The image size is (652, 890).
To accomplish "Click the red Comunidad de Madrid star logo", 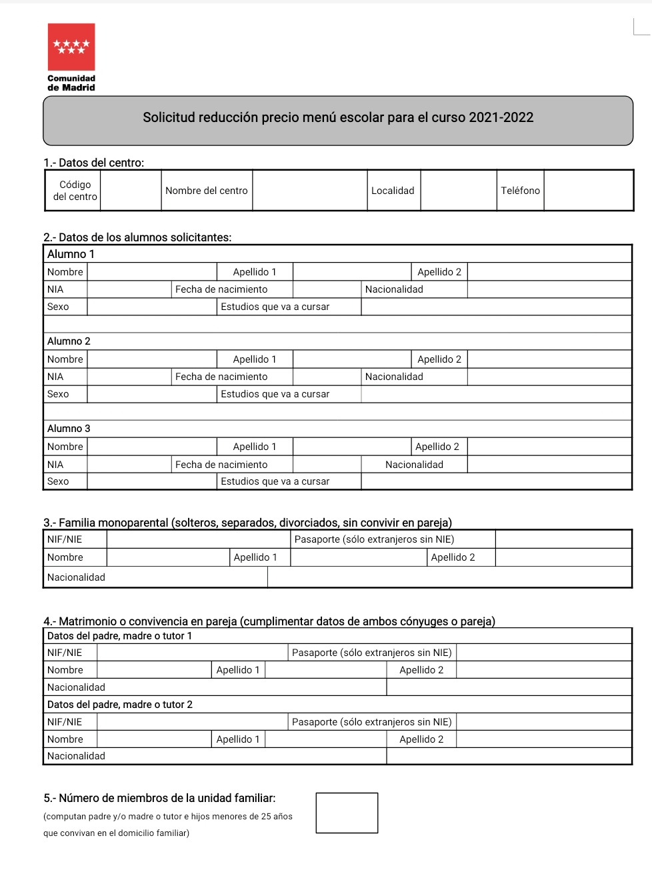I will coord(71,47).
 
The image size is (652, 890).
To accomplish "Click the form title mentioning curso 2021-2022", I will coord(338,118).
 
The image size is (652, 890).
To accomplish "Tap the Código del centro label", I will coord(75,191).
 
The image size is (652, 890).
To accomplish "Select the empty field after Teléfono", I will coord(588,191).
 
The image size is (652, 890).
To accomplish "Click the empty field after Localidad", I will coord(458,191).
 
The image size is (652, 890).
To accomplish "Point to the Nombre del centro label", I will coord(207,191).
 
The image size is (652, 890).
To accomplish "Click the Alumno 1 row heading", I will coord(71,254).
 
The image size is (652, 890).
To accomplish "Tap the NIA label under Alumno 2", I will coord(55,377).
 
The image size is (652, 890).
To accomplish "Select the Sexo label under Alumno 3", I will coord(58,481).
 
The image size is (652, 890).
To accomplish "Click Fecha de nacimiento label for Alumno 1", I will coord(221,289).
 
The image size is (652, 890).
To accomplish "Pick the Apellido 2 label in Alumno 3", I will coord(437,447).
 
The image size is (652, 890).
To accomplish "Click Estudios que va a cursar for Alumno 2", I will coord(275,394).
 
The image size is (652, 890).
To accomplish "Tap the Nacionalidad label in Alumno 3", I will coord(414,465).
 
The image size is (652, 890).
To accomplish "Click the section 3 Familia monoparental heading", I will coord(247,523).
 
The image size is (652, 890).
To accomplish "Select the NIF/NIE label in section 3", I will coord(65,539).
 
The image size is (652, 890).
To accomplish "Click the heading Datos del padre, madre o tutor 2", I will coord(120,705).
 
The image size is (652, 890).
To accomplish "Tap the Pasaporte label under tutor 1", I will coord(372,653).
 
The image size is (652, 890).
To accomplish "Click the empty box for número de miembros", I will coord(347,813).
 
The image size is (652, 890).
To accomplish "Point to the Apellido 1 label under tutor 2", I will coord(238,739).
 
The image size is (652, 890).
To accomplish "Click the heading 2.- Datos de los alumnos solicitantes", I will coord(137,237).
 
